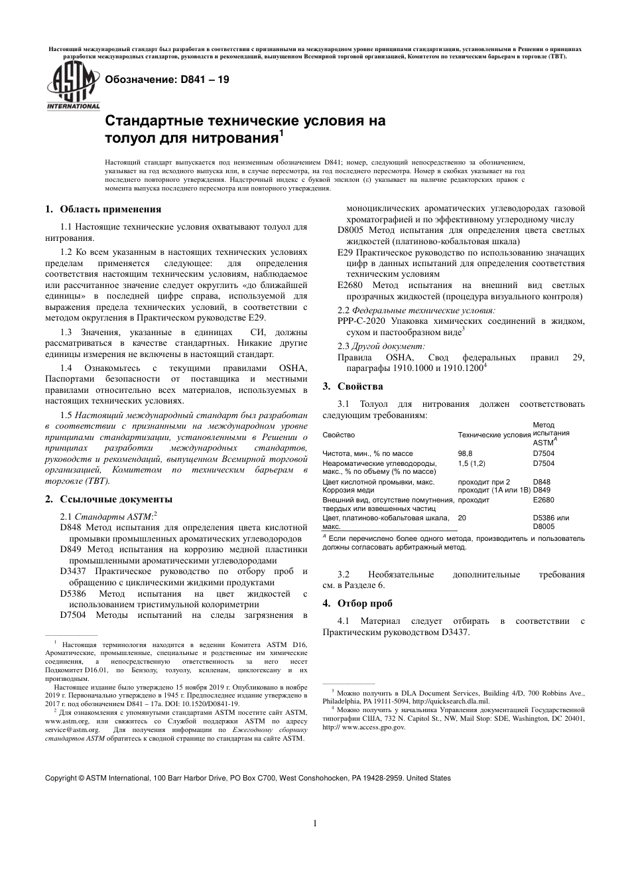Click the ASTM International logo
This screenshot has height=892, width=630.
click(72, 88)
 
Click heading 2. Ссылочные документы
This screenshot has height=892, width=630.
click(108, 499)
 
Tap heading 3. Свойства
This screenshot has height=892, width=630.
click(352, 386)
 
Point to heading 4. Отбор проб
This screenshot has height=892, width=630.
click(357, 603)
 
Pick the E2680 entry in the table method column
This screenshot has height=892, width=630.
click(543, 500)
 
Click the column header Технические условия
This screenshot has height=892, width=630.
click(494, 435)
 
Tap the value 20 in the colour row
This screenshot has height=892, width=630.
click(462, 518)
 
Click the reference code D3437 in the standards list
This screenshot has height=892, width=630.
click(73, 571)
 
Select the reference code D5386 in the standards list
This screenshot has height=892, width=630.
click(73, 593)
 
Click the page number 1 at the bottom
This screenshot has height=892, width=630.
click(315, 824)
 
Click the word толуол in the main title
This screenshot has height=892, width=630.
click(128, 139)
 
